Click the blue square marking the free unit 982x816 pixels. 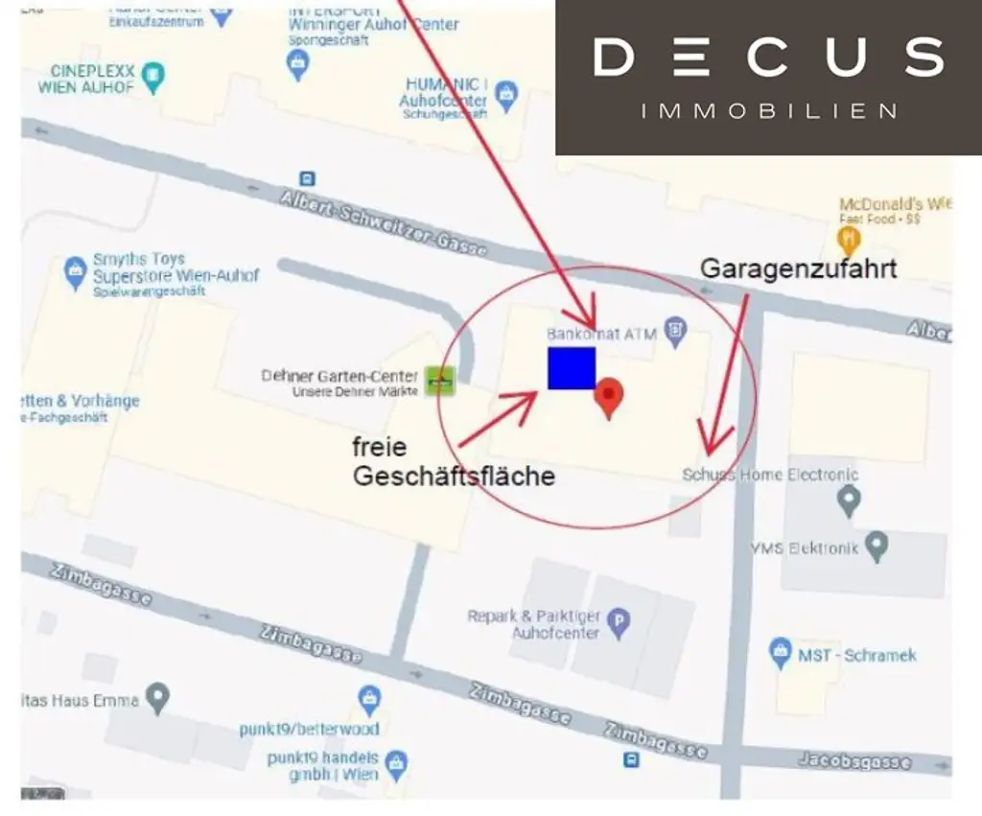(x=572, y=368)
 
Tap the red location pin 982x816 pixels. (x=609, y=397)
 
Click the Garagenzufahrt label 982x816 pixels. (x=799, y=268)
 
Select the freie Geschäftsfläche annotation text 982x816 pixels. (x=453, y=461)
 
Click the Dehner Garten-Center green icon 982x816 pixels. (x=441, y=381)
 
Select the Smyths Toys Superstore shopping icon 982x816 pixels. (x=75, y=271)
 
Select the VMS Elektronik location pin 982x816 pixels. (x=876, y=547)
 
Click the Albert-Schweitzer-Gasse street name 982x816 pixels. (x=383, y=221)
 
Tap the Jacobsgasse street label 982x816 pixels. (x=853, y=761)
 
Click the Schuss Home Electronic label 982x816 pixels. (x=770, y=475)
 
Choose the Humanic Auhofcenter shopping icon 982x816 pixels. (x=506, y=94)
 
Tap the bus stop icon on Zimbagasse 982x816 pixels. (x=631, y=760)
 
